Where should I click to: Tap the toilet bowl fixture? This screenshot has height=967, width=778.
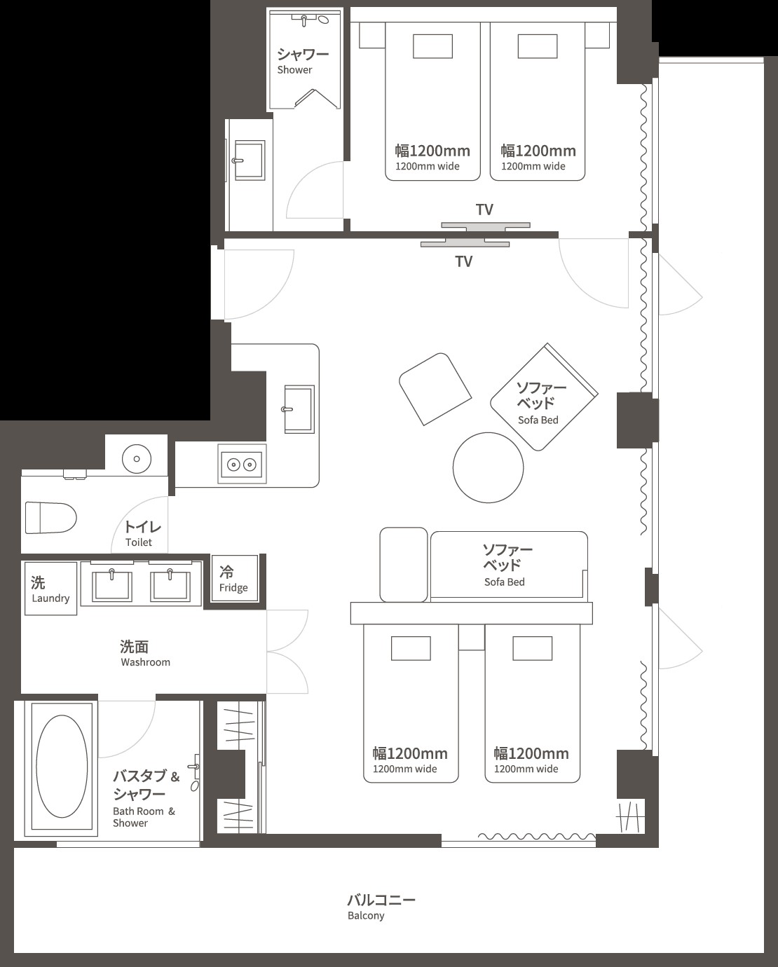coord(50,518)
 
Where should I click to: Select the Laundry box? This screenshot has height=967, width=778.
coord(50,589)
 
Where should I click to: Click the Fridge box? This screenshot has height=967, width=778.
coord(234,579)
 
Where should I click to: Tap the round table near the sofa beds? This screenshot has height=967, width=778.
coord(488,467)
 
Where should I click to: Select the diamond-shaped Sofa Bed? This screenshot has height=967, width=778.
coord(542,397)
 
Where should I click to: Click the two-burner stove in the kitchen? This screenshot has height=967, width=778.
coord(241,464)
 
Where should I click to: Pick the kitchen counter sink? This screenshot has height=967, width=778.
coord(299,409)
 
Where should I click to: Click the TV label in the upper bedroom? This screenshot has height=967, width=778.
coord(484,210)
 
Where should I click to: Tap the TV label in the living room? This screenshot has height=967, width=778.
coord(463,261)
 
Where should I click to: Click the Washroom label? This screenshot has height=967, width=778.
coord(144,653)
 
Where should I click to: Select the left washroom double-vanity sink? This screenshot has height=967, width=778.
coord(113,584)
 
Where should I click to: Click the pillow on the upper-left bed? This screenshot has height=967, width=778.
coord(432,46)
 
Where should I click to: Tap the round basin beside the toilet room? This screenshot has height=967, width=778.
coord(136,460)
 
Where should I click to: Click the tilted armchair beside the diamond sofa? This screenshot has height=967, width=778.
coord(435,388)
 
